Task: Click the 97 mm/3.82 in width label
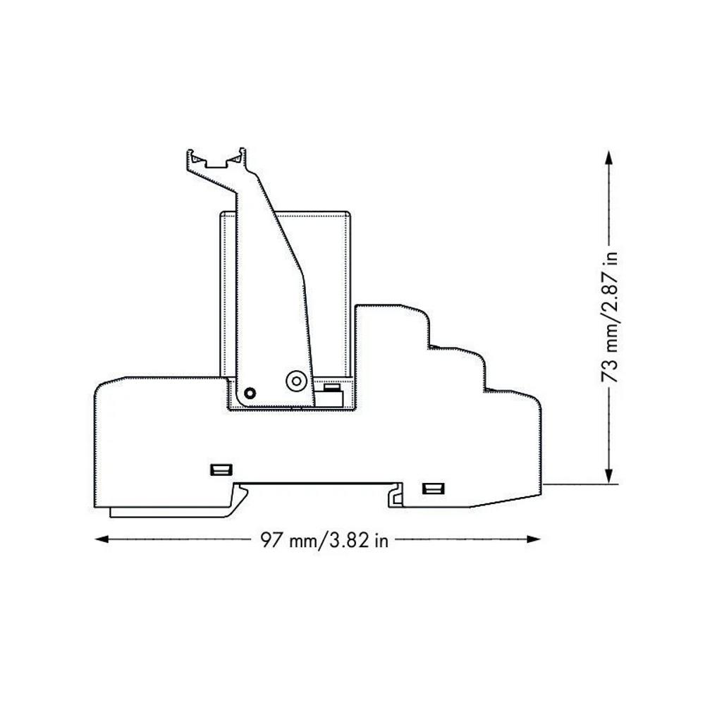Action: (x=324, y=539)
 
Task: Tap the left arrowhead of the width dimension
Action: (x=102, y=539)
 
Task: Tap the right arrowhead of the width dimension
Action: (x=533, y=539)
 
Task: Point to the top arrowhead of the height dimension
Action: (x=608, y=157)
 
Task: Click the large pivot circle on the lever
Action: (x=296, y=381)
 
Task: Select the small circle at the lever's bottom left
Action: (x=250, y=393)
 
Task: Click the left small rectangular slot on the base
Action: (x=221, y=470)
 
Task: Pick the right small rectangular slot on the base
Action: (x=434, y=489)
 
